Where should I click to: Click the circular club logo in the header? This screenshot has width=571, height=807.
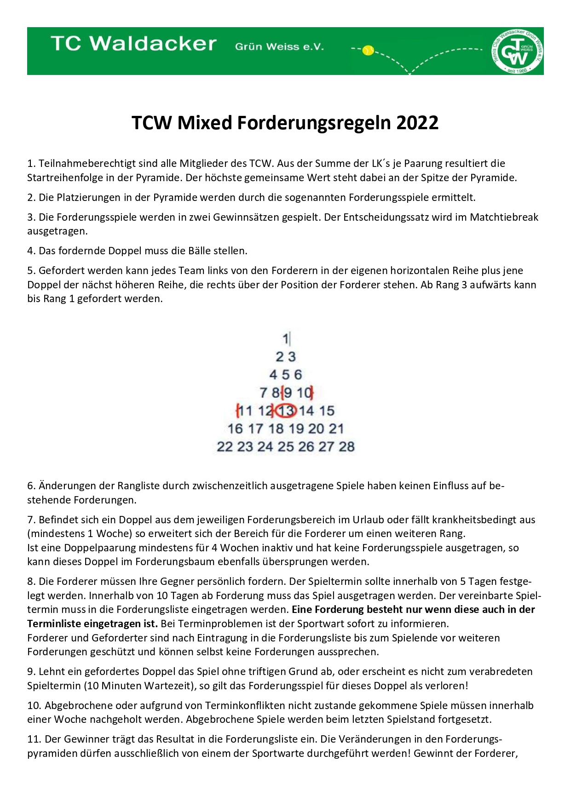(x=517, y=51)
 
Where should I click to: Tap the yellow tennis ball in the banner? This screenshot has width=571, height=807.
(x=368, y=51)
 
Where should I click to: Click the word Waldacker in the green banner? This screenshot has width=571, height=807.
(x=153, y=44)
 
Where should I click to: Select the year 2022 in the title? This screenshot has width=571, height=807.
(x=417, y=123)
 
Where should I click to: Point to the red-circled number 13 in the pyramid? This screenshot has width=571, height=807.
(x=286, y=410)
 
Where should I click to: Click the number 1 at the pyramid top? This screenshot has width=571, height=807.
(x=285, y=339)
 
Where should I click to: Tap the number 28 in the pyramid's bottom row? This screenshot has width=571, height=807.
(x=346, y=446)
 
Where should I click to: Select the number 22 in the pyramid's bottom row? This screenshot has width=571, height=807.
(x=225, y=446)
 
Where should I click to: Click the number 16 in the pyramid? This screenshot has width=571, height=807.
(x=235, y=429)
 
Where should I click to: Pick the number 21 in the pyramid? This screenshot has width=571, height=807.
(x=336, y=429)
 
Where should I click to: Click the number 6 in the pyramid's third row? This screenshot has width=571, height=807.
(x=298, y=375)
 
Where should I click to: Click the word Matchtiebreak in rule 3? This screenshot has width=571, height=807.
(x=504, y=217)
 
